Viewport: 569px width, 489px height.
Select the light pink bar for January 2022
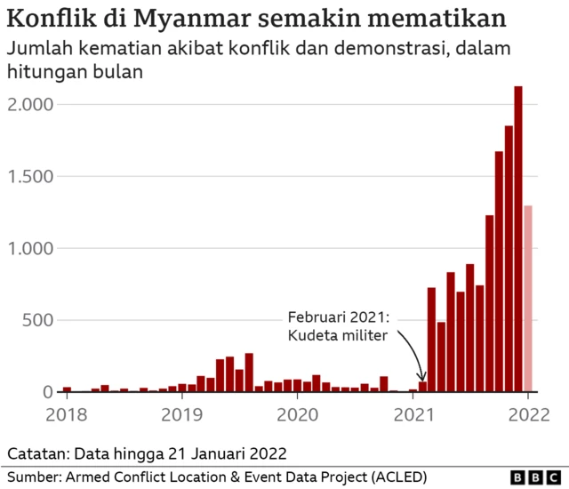point(528,298)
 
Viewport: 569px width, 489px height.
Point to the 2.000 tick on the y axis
point(31,105)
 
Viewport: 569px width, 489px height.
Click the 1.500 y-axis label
point(31,177)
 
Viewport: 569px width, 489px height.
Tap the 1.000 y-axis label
point(31,249)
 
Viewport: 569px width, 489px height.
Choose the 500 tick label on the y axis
point(36,321)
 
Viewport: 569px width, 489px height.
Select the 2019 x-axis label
point(183,413)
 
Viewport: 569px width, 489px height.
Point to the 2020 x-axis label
point(298,413)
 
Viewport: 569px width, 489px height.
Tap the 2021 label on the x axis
point(413,413)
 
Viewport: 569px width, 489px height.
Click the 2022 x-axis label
point(528,413)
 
